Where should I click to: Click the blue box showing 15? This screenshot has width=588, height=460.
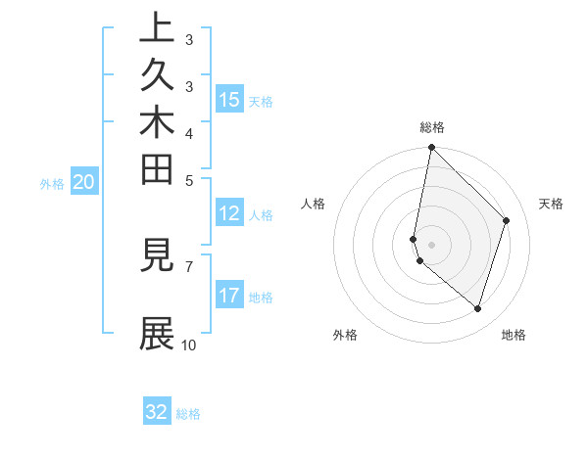point(229,99)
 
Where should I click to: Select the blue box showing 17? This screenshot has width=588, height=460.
point(229,296)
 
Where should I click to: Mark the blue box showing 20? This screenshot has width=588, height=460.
point(84,181)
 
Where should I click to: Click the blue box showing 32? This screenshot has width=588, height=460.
point(157,412)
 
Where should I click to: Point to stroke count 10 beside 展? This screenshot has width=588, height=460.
point(189,345)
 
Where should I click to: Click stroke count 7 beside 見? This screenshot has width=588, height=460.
point(189,265)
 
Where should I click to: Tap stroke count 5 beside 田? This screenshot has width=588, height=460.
point(189,180)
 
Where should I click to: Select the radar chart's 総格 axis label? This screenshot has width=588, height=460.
point(432,127)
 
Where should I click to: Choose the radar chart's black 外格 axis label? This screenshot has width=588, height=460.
point(345,335)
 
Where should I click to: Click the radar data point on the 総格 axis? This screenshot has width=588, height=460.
point(431,148)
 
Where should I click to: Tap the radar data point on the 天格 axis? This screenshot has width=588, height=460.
point(507,220)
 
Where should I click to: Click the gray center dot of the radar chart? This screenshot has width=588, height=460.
point(431,244)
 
